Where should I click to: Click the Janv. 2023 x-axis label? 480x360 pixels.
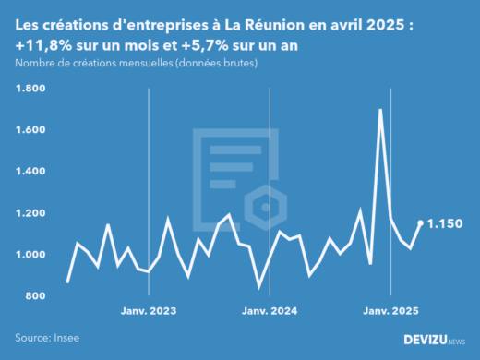(x=149, y=312)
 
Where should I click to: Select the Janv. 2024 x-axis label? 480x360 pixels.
(x=269, y=312)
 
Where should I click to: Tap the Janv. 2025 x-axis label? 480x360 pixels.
(x=389, y=312)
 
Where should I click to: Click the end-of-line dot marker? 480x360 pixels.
(x=421, y=222)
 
